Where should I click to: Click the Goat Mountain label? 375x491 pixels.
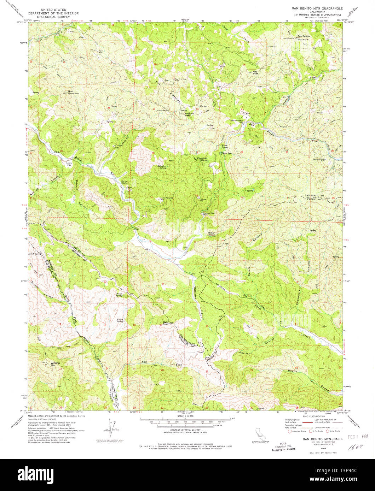click(73, 92)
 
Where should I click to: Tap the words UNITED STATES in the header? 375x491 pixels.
click(53, 11)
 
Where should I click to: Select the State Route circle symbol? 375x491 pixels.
click(328, 431)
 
